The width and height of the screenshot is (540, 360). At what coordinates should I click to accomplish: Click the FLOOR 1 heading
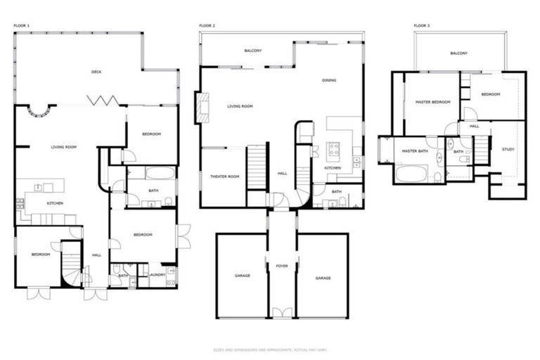point(21,25)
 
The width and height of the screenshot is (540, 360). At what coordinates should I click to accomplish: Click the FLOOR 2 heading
point(207,25)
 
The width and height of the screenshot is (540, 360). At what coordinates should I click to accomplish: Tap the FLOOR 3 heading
point(421,25)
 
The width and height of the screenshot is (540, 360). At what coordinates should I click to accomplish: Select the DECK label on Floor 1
point(96,72)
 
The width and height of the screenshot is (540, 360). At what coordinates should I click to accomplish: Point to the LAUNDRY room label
point(157,275)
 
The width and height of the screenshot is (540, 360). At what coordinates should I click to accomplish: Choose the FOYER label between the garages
point(282,266)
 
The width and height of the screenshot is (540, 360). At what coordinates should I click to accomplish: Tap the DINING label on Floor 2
point(329,81)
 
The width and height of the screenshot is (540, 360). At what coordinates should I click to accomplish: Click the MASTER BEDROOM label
point(432,103)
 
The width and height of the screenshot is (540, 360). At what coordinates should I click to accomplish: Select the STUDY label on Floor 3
point(508,149)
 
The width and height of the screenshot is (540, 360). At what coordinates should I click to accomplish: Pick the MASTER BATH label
point(415,151)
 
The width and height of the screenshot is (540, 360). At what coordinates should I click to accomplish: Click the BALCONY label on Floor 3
point(458,53)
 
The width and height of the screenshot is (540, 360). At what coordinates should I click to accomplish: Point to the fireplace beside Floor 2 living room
point(203,107)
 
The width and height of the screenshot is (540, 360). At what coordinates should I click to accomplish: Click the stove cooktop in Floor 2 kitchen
point(333,149)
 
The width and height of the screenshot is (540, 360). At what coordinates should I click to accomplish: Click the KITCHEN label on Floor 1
point(55,203)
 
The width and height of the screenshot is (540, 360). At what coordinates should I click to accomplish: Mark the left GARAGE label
point(242,277)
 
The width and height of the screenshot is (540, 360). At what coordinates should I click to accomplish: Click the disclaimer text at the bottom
point(270,349)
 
